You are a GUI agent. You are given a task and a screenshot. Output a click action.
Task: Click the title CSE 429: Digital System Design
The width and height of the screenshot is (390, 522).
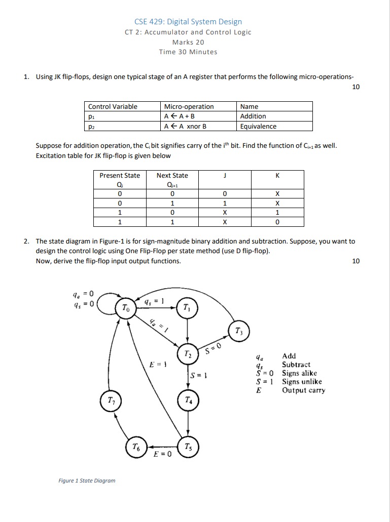pyautogui.click(x=188, y=22)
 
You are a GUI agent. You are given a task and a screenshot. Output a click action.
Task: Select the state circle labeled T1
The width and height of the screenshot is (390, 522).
pyautogui.click(x=188, y=308)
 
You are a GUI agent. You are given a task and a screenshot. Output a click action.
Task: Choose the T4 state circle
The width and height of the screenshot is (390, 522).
pyautogui.click(x=188, y=400)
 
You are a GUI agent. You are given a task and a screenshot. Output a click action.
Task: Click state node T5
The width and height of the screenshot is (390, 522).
pyautogui.click(x=188, y=447)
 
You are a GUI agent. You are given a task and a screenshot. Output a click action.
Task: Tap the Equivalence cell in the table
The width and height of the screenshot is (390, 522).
pyautogui.click(x=258, y=127)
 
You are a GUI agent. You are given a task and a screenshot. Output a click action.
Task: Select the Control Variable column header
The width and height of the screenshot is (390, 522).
pyautogui.click(x=113, y=106)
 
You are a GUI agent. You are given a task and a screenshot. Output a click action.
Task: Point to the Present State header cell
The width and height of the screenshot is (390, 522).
pyautogui.click(x=120, y=176)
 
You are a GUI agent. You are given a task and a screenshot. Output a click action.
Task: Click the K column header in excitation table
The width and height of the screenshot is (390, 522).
pyautogui.click(x=277, y=176)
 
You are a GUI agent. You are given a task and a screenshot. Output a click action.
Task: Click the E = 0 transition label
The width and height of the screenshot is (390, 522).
pyautogui.click(x=162, y=454)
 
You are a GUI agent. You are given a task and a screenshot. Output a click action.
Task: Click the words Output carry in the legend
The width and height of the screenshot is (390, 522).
pyautogui.click(x=304, y=390)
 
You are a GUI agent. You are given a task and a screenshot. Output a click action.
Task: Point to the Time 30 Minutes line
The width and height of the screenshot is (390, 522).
pyautogui.click(x=188, y=52)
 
